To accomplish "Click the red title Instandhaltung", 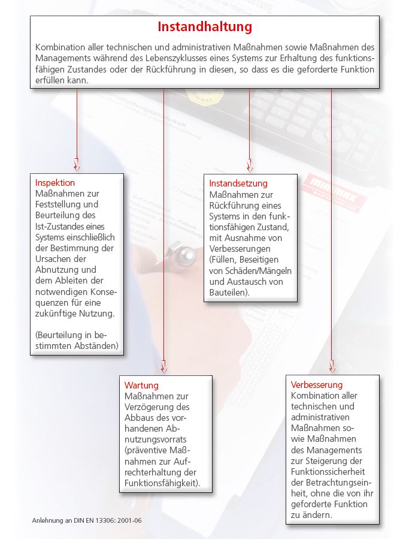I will [x=205, y=27].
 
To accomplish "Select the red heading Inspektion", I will [x=55, y=183].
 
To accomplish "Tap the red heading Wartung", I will [x=141, y=385].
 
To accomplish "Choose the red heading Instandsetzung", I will [x=238, y=183].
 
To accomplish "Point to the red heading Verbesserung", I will [x=317, y=384].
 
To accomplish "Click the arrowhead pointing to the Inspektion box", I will [x=77, y=165].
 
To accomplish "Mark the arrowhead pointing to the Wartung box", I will [x=163, y=367].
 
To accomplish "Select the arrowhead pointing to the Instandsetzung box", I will [x=250, y=165].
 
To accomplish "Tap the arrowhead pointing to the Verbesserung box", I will [x=332, y=367].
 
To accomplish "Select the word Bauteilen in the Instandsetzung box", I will [x=228, y=293].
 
